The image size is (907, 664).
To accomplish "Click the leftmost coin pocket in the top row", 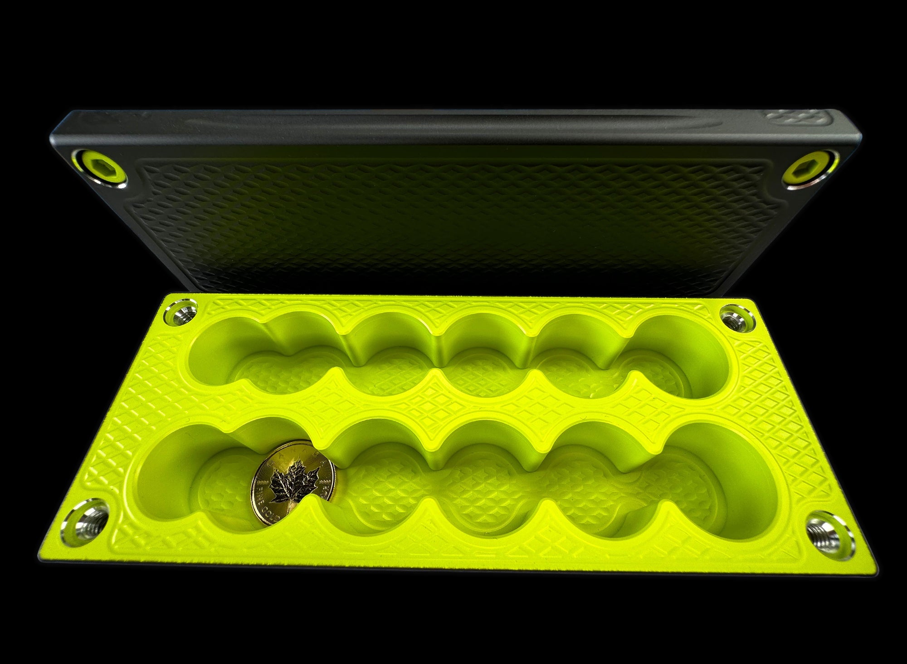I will pyautogui.click(x=222, y=363).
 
